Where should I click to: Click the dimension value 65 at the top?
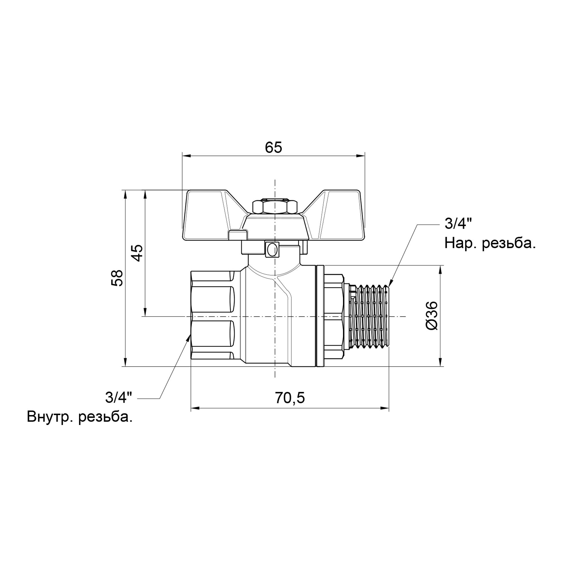[273, 148]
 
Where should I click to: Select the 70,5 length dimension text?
[290, 398]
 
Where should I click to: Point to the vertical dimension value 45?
[137, 253]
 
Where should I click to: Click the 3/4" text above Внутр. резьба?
[118, 398]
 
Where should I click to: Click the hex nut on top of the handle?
[274, 206]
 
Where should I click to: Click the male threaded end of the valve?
[371, 316]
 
